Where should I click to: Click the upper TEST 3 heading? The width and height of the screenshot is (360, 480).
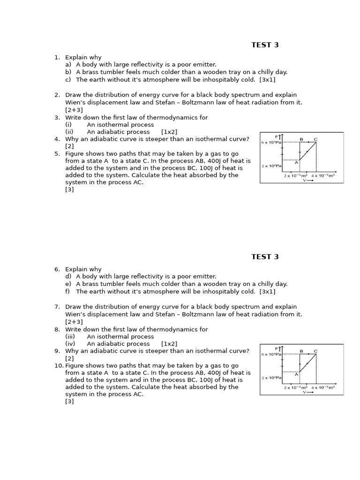pyautogui.click(x=265, y=45)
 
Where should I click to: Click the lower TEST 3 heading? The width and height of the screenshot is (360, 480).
pyautogui.click(x=265, y=257)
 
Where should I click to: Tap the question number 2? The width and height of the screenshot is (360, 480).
pyautogui.click(x=57, y=95)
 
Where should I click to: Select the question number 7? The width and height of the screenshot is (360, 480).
pyautogui.click(x=57, y=307)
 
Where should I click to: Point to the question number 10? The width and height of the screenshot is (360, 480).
pyautogui.click(x=58, y=366)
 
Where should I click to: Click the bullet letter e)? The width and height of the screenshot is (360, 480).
pyautogui.click(x=68, y=284)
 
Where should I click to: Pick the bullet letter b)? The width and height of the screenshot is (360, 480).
pyautogui.click(x=68, y=72)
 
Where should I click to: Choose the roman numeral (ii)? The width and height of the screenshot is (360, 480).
pyautogui.click(x=69, y=132)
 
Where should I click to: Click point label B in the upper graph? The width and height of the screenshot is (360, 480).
pyautogui.click(x=301, y=139)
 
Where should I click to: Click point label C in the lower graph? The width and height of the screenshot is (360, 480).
pyautogui.click(x=315, y=351)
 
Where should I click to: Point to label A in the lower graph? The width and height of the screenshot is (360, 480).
pyautogui.click(x=296, y=374)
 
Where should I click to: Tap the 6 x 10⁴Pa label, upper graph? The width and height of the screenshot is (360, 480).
pyautogui.click(x=271, y=142)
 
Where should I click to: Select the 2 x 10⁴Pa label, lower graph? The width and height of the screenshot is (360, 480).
pyautogui.click(x=271, y=378)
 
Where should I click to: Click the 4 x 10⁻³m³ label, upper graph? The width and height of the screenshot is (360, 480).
pyautogui.click(x=323, y=176)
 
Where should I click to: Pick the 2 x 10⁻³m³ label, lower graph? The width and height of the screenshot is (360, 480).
pyautogui.click(x=295, y=388)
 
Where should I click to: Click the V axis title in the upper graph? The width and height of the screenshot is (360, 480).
pyautogui.click(x=305, y=180)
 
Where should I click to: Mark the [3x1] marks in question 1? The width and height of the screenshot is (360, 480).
pyautogui.click(x=267, y=80)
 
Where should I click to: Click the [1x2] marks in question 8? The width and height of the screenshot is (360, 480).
pyautogui.click(x=169, y=344)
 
